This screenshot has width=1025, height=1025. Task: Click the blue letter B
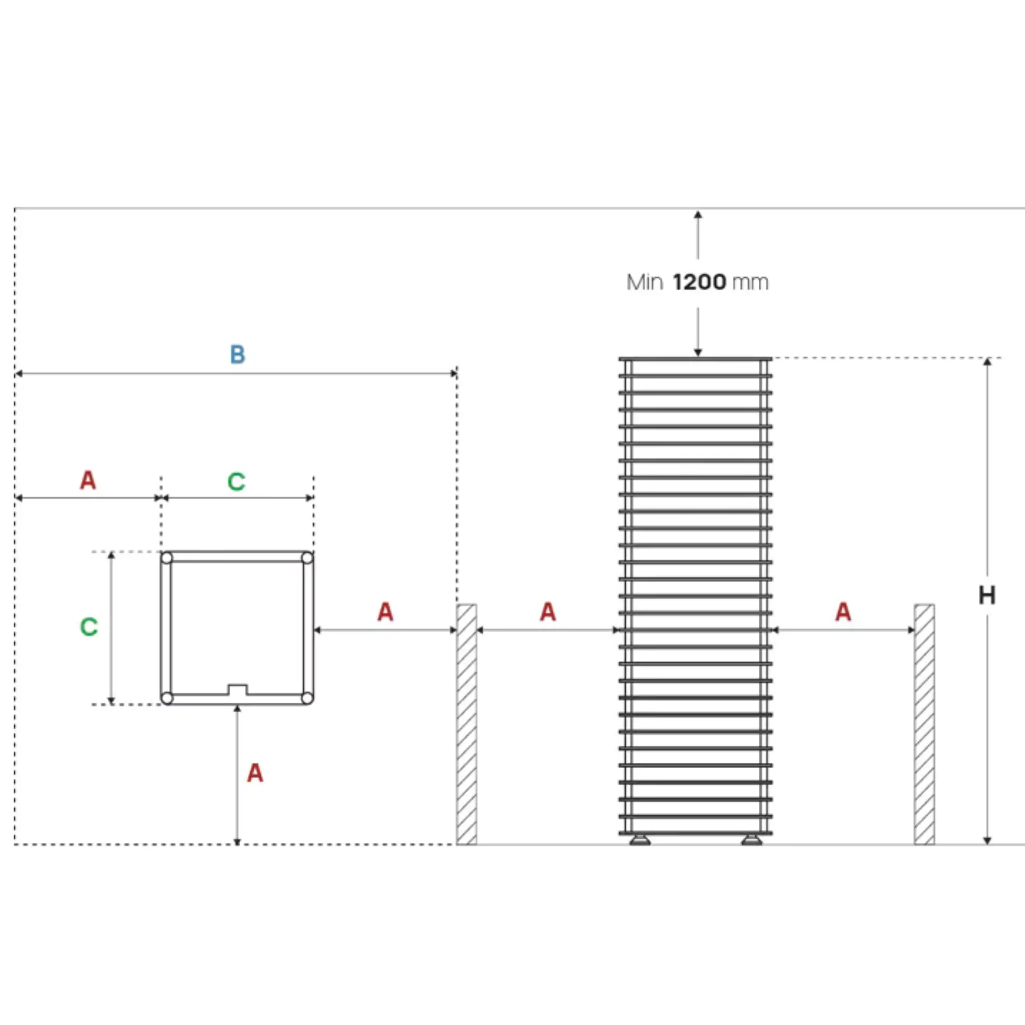[238, 354]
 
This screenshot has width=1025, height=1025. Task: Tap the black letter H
[987, 596]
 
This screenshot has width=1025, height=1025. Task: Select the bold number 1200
[699, 282]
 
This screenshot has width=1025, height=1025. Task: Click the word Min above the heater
[645, 282]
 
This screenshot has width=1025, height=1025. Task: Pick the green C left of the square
[89, 627]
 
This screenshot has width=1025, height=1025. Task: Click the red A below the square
[255, 773]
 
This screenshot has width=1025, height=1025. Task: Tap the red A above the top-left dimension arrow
[88, 480]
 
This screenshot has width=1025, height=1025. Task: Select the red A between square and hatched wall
[385, 612]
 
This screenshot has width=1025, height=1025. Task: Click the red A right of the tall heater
[843, 612]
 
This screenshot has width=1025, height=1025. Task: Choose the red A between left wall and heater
[548, 612]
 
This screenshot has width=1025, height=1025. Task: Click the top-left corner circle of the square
[167, 558]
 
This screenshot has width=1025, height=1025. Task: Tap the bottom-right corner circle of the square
[307, 698]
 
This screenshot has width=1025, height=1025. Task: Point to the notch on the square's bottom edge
[237, 690]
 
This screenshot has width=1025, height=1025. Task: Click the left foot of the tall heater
[640, 839]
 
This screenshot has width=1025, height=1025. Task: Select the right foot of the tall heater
[751, 839]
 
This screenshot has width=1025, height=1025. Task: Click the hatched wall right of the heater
[924, 724]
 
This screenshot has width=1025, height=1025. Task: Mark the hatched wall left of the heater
[466, 724]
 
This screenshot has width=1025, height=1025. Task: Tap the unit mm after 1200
[750, 283]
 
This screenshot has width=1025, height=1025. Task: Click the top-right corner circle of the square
[307, 558]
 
